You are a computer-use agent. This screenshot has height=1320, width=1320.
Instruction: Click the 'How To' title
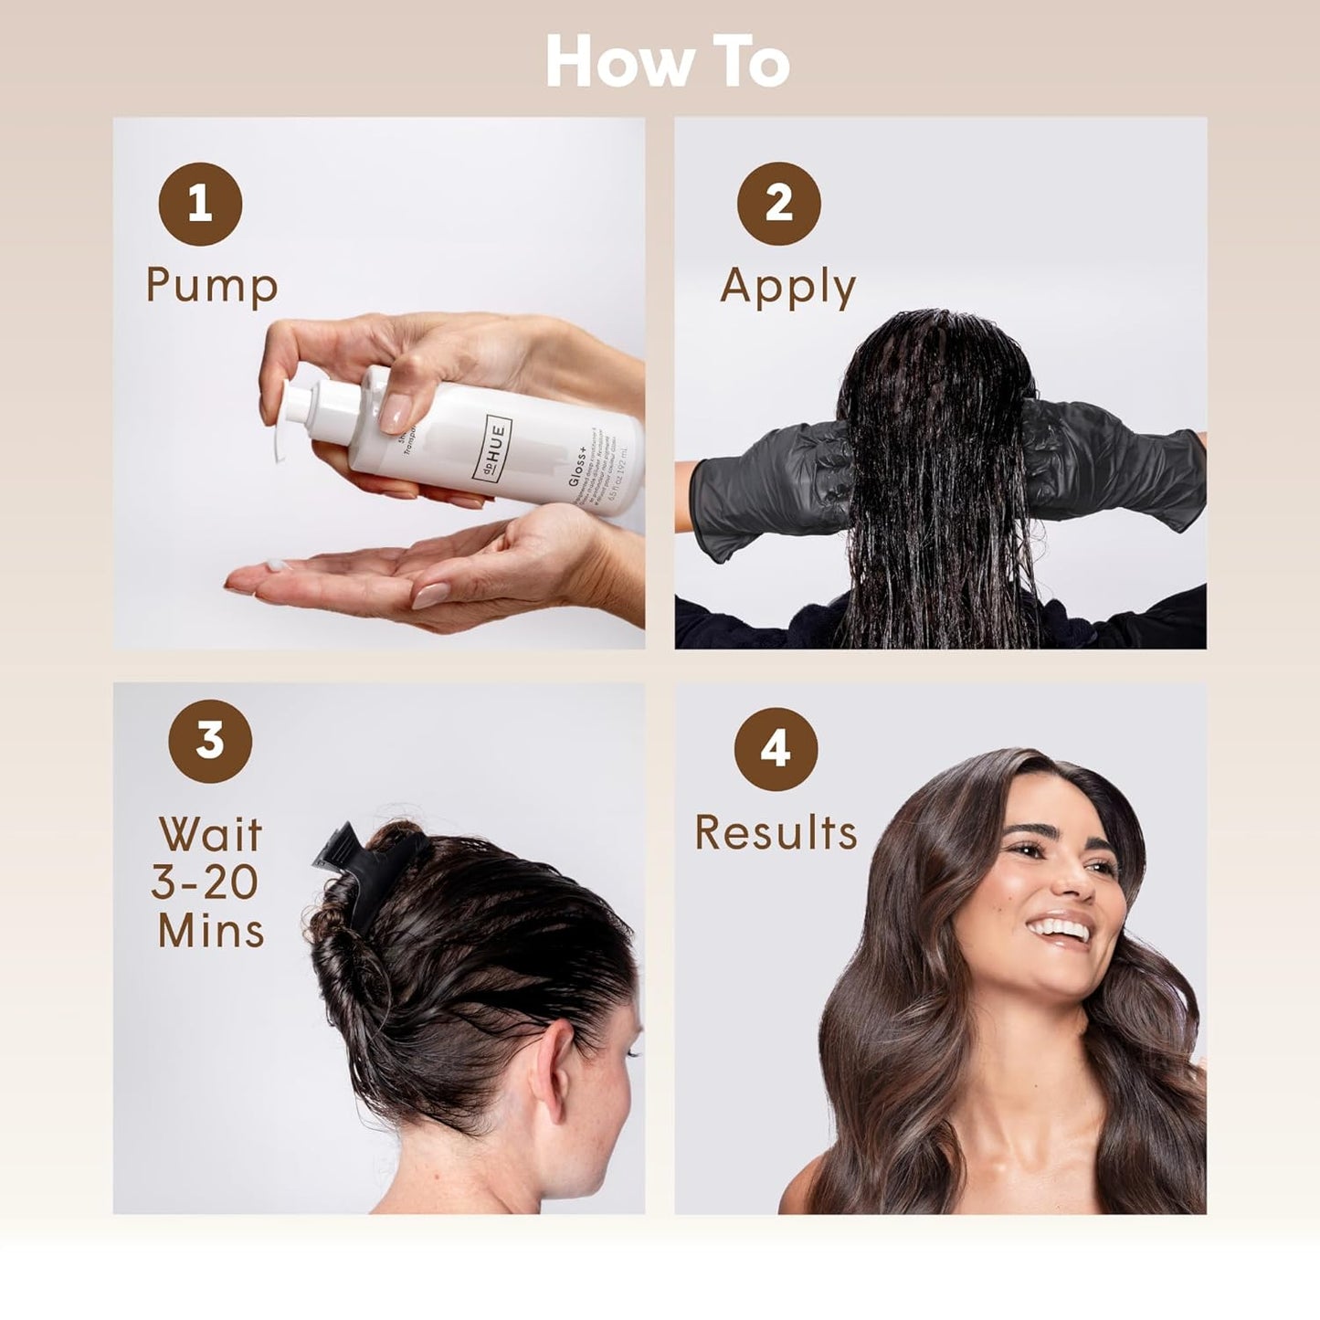[667, 63]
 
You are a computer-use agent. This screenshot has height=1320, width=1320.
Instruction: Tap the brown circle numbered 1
[200, 204]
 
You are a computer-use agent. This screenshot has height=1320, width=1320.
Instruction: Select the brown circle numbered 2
[778, 203]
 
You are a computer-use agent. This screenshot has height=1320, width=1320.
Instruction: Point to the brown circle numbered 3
[210, 740]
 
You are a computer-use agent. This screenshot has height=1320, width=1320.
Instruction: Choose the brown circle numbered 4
[776, 749]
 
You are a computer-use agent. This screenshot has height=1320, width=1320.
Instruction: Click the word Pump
[212, 285]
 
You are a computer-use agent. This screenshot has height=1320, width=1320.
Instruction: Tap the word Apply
[787, 287]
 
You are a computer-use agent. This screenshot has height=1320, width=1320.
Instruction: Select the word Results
[776, 833]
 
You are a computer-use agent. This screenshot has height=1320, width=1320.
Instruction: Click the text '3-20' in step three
[205, 882]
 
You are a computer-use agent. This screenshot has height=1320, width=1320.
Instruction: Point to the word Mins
[211, 931]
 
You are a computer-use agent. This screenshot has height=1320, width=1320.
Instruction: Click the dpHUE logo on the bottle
[494, 441]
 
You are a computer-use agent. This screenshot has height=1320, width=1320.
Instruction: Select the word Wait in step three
[210, 835]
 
